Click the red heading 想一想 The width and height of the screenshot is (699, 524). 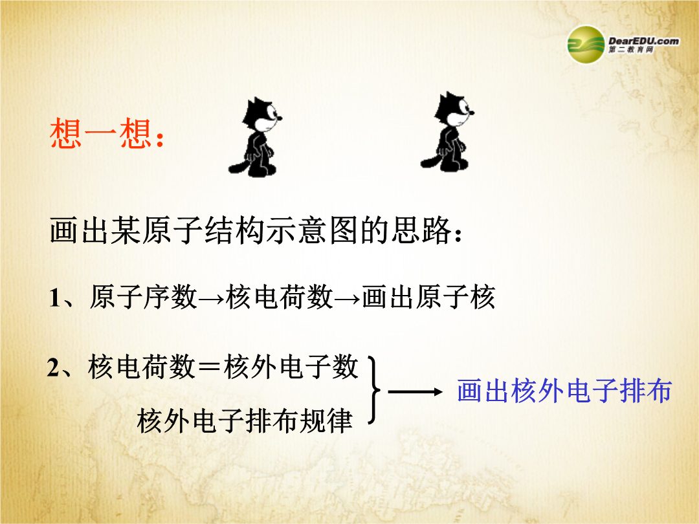click(101, 133)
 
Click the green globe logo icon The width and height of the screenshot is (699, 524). click(586, 45)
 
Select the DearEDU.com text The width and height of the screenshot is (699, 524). click(644, 41)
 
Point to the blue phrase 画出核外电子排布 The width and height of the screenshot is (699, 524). click(564, 391)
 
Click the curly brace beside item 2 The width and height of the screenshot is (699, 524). click(375, 390)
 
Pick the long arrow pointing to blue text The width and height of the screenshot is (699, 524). click(415, 392)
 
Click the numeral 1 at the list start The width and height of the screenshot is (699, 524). click(54, 298)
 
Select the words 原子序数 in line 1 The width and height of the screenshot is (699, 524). click(143, 297)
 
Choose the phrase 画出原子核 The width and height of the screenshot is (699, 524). click(428, 297)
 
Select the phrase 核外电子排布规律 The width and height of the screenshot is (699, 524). click(245, 420)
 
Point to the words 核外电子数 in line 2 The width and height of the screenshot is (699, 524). click(291, 367)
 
